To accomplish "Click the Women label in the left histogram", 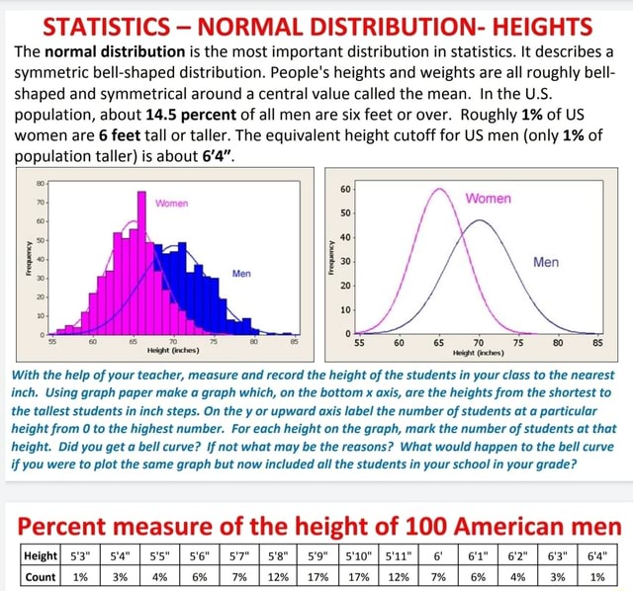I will [171, 204].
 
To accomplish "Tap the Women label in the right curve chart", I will [491, 198].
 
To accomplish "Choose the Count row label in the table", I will [40, 576].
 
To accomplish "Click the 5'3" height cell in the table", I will [82, 555].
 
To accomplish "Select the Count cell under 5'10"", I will [359, 576].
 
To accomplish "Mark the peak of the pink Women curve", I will [439, 185].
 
